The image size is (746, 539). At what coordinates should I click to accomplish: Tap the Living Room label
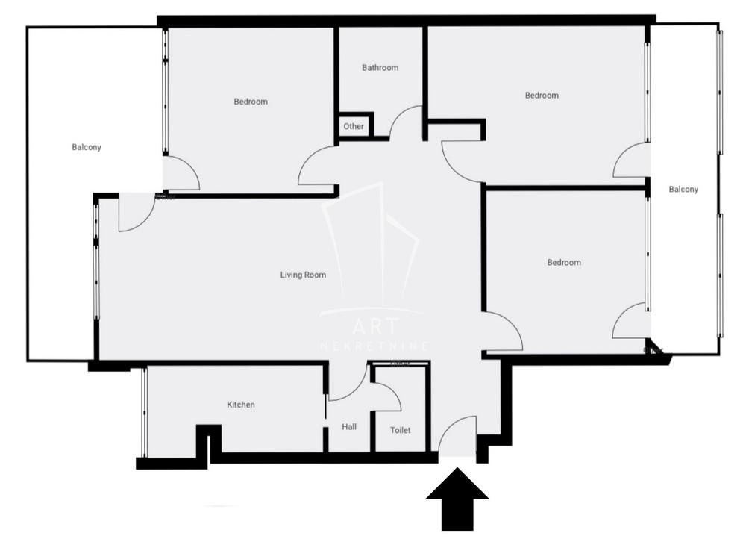pos(303,275)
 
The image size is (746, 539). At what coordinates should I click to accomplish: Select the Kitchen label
pos(241,405)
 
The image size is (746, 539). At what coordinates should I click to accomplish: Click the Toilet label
pos(401,430)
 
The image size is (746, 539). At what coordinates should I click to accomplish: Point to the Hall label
pos(348,427)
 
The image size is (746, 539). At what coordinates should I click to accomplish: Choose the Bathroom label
pos(380,68)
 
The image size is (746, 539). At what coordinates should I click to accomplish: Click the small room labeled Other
pos(354,126)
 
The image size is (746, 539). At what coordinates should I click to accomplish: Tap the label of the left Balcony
pos(87,147)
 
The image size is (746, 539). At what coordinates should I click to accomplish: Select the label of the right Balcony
pos(683,190)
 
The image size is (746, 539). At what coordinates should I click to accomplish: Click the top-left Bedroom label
pos(251,102)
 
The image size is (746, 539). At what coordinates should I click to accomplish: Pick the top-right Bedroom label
pos(542,96)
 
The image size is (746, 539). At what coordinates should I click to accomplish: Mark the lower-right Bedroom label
pos(564,263)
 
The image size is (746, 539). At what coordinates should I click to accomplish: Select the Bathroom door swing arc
pos(407,122)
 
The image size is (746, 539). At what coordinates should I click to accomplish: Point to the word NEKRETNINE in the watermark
pos(374,346)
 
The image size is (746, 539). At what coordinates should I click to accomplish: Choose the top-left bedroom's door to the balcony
pos(181,173)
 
